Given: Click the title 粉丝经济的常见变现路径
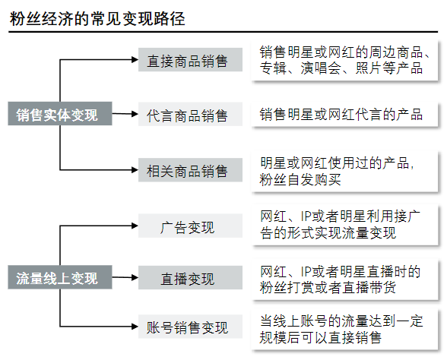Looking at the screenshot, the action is [97, 19].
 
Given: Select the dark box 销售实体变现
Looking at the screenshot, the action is [60, 114].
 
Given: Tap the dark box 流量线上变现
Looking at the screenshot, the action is [60, 277].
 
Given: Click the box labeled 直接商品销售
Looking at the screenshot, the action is [190, 60].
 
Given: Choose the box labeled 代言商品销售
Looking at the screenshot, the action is [190, 114].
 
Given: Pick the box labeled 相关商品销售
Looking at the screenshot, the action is [190, 170].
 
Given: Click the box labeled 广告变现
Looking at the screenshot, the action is [190, 226].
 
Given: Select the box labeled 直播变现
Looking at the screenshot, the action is [190, 278].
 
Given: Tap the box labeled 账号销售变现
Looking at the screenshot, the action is [190, 327].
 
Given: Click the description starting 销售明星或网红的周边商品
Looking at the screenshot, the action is [344, 61].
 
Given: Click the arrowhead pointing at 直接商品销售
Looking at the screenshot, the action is [135, 59].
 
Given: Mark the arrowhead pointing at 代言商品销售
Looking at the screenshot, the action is [135, 114].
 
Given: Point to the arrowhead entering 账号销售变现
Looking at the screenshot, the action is [135, 327].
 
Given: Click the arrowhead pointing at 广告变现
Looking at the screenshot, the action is [135, 226].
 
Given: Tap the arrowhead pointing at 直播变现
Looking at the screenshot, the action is [135, 277].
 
